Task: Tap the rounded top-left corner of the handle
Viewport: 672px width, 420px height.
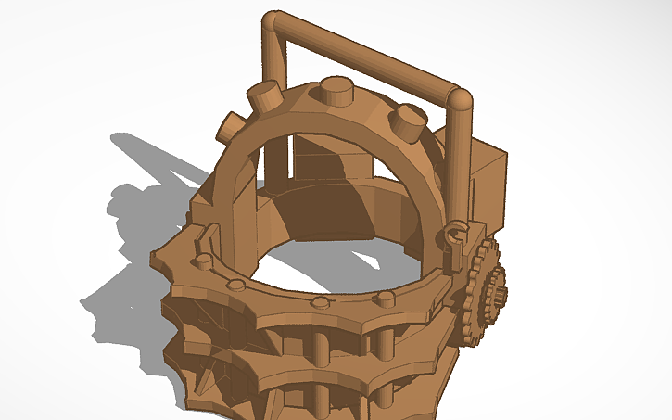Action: [274, 22]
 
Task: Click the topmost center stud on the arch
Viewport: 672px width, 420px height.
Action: [336, 92]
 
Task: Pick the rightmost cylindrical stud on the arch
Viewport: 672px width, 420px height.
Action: [409, 120]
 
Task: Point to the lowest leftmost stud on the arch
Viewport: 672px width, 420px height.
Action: [228, 127]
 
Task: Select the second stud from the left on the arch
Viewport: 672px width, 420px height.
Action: [265, 95]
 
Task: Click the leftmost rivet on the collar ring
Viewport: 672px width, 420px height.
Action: [200, 261]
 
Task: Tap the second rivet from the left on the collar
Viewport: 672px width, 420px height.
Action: [237, 284]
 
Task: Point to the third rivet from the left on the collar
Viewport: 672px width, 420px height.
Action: [320, 303]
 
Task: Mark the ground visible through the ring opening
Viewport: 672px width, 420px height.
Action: [334, 264]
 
